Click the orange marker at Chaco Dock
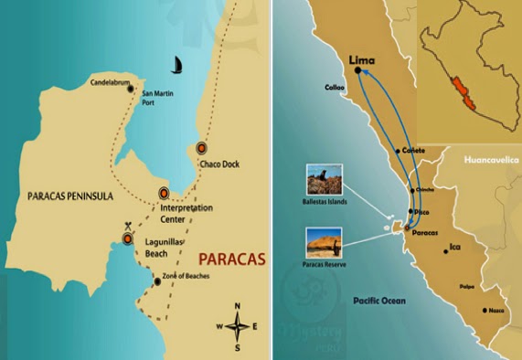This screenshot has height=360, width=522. [202, 149]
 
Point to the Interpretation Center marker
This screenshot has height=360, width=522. [164, 193]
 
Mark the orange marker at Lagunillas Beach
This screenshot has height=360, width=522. [128, 239]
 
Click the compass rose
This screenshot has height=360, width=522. [238, 325]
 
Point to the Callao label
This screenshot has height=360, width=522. [335, 89]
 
